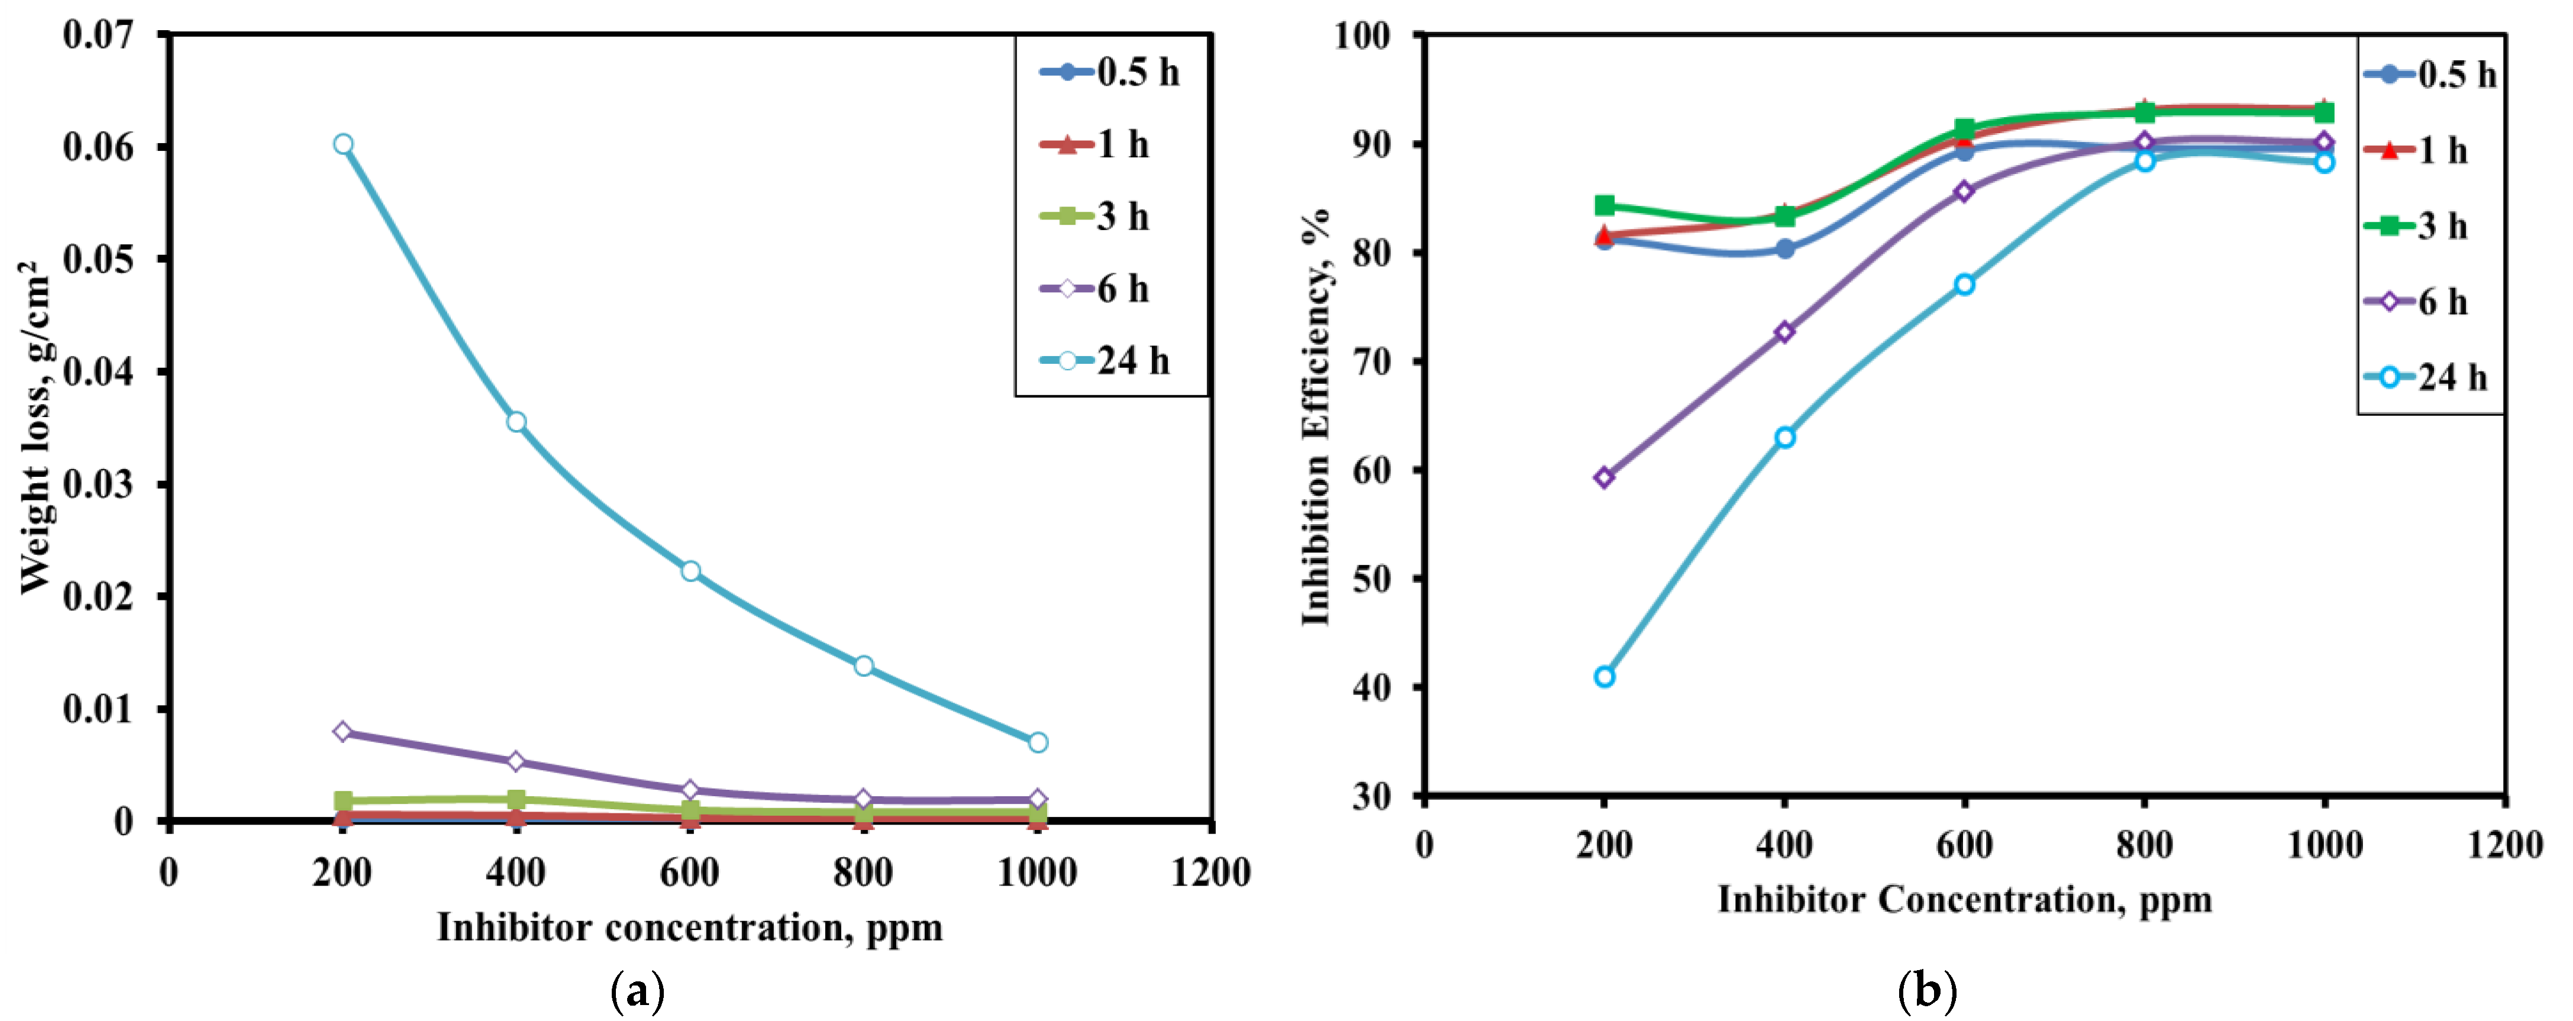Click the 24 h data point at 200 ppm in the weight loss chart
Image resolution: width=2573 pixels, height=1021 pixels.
(343, 144)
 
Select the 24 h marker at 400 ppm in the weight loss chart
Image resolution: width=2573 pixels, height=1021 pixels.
(516, 422)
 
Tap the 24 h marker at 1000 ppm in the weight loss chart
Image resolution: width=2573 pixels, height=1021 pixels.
(1038, 742)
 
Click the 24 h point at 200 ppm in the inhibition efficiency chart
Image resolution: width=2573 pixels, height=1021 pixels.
(1604, 676)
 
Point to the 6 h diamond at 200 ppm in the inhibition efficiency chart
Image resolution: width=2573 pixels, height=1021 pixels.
(1604, 477)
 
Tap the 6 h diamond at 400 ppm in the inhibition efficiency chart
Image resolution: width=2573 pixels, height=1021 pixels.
(1785, 332)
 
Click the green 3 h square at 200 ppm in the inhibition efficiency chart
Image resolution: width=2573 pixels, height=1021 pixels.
(1604, 205)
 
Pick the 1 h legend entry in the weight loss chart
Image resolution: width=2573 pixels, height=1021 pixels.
(1096, 145)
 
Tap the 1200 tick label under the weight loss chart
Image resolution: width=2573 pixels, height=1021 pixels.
(1210, 872)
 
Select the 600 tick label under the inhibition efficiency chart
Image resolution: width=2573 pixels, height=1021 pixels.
(1964, 845)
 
